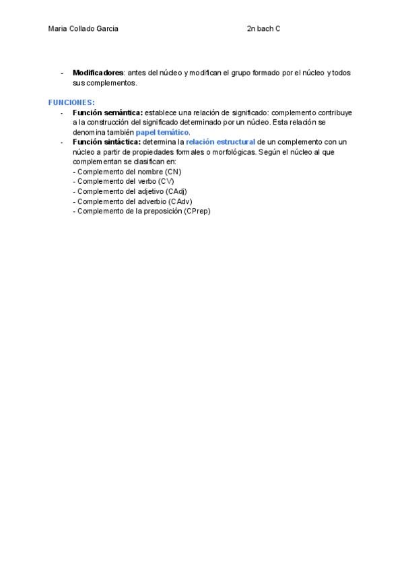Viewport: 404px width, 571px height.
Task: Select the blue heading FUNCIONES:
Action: [71, 102]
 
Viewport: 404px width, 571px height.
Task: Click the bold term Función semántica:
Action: [108, 112]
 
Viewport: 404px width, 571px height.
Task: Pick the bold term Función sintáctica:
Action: [107, 142]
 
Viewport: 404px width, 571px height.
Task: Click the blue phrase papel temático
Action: [162, 132]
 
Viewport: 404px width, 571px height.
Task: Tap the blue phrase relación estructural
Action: [221, 142]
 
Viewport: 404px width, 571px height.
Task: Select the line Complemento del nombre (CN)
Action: [127, 172]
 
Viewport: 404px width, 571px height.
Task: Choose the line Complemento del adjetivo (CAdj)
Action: [129, 191]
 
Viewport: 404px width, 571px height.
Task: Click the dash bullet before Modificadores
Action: [62, 73]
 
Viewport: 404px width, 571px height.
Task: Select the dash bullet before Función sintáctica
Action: [62, 142]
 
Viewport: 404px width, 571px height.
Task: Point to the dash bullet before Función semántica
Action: [62, 112]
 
